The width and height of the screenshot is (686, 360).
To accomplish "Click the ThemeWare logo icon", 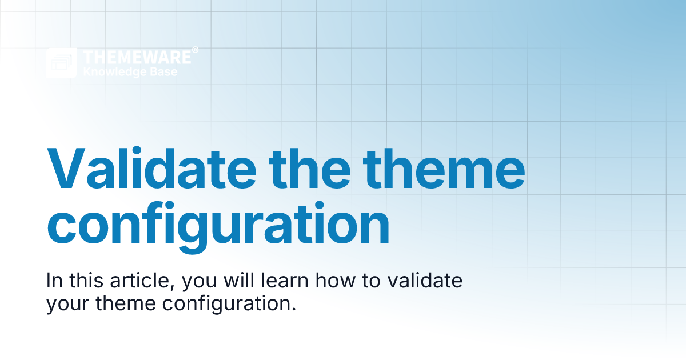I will tap(61, 63).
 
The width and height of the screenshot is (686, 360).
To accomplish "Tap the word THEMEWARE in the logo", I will tap(137, 57).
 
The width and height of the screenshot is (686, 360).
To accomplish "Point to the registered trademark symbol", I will tap(196, 50).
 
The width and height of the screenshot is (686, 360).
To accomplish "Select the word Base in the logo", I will tap(163, 72).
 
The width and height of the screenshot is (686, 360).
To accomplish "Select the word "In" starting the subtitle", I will tap(54, 282).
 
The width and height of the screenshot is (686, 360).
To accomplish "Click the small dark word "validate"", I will tap(417, 282).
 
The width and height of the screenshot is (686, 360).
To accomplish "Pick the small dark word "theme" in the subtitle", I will tap(127, 303).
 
